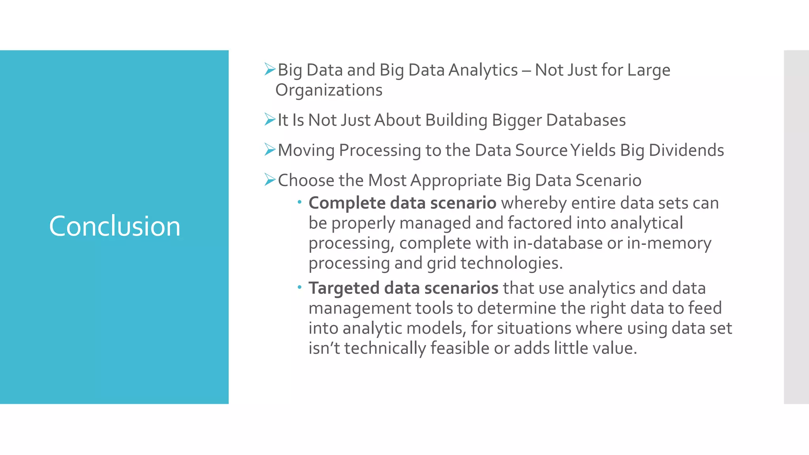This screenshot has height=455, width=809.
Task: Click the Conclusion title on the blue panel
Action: (x=115, y=226)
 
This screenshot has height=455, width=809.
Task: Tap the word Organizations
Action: (x=329, y=90)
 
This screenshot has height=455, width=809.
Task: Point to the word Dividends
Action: (x=686, y=150)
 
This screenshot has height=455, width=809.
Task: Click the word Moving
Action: (x=306, y=150)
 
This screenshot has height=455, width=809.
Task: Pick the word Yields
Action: (x=593, y=150)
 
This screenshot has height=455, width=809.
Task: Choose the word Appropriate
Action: (x=456, y=181)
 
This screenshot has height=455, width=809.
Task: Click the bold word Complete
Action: (x=347, y=203)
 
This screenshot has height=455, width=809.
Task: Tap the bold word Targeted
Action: (x=344, y=288)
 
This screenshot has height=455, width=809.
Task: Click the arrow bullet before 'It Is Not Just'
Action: (x=270, y=119)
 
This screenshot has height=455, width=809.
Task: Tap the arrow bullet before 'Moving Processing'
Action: (x=270, y=150)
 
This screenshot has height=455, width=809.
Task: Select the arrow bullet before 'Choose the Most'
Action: (x=270, y=180)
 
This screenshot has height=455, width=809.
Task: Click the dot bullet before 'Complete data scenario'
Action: (x=300, y=202)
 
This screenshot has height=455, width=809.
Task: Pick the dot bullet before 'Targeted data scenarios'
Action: (x=300, y=287)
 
